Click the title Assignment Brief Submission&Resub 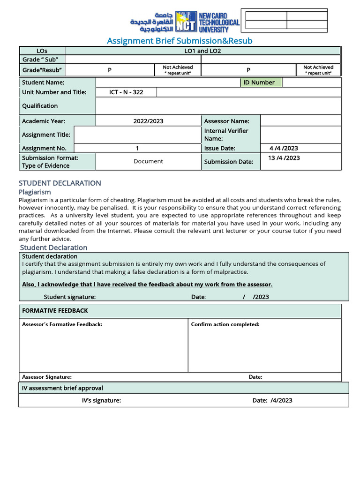pyautogui.click(x=180, y=41)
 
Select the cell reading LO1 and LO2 pyautogui.click(x=202, y=51)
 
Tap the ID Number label pyautogui.click(x=259, y=82)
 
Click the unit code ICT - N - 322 pyautogui.click(x=126, y=92)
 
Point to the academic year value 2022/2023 pyautogui.click(x=148, y=121)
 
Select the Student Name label pyautogui.click(x=43, y=82)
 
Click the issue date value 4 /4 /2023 pyautogui.click(x=284, y=148)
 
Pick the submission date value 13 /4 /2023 pyautogui.click(x=284, y=158)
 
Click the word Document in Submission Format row pyautogui.click(x=148, y=161)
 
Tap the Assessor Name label pyautogui.click(x=226, y=121)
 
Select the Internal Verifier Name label pyautogui.click(x=226, y=135)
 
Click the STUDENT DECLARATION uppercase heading pyautogui.click(x=60, y=183)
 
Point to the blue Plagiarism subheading pyautogui.click(x=35, y=192)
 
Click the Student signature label pyautogui.click(x=69, y=297)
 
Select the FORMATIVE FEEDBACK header pyautogui.click(x=55, y=311)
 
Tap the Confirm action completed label pyautogui.click(x=225, y=324)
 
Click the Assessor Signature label pyautogui.click(x=47, y=377)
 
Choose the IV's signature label pyautogui.click(x=101, y=400)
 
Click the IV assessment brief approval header pyautogui.click(x=62, y=388)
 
